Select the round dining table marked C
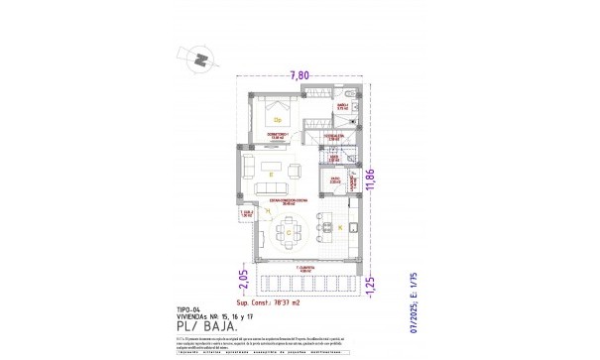pos(288,233)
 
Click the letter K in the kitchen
pos(340,229)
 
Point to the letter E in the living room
pos(270,174)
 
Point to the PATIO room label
pos(335,181)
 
